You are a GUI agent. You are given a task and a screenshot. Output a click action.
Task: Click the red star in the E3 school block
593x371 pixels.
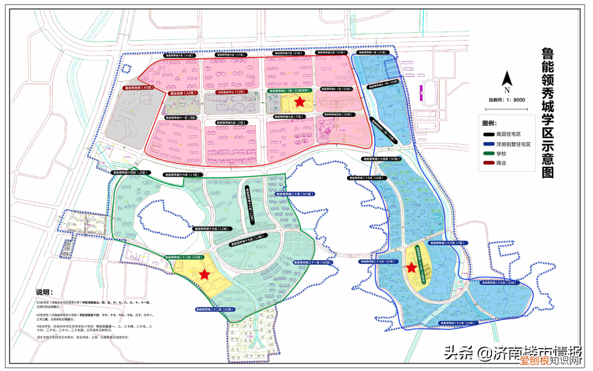coord(299,102)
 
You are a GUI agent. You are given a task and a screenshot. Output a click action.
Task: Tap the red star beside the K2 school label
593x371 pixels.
coord(205,274)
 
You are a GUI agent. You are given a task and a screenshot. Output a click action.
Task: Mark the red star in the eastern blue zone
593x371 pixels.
coord(411,268)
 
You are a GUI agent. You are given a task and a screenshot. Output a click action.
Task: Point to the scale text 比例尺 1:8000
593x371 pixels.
coord(507,100)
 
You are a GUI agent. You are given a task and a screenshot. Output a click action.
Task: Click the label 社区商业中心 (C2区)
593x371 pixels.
coord(230,92)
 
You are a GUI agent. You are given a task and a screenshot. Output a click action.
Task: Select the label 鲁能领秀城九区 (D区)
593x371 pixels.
coord(230,122)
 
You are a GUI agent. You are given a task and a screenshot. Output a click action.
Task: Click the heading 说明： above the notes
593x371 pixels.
coord(47,291)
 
